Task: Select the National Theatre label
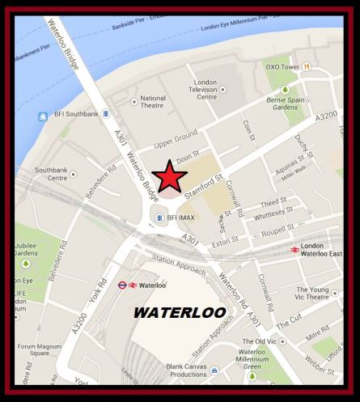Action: [x=152, y=103]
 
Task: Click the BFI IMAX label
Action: [x=183, y=218]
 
